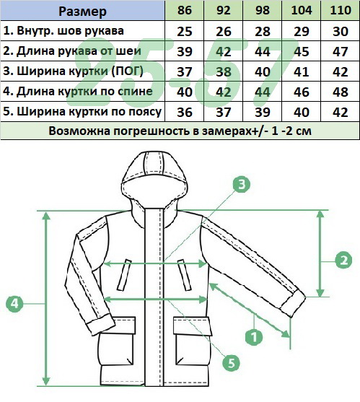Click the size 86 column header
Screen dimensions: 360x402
pyautogui.click(x=185, y=10)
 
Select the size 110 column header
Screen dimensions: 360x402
pyautogui.click(x=341, y=10)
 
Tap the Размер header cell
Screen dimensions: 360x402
pyautogui.click(x=82, y=12)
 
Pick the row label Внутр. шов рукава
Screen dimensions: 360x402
pyautogui.click(x=63, y=31)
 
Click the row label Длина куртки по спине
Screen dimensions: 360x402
pyautogui.click(x=78, y=92)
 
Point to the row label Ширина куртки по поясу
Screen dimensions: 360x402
pyautogui.click(x=82, y=112)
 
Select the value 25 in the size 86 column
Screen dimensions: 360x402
pyautogui.click(x=185, y=31)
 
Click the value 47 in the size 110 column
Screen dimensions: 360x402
pyautogui.click(x=341, y=51)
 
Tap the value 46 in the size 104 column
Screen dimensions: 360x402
pyautogui.click(x=302, y=92)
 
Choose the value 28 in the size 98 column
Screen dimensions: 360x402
pyautogui.click(x=263, y=31)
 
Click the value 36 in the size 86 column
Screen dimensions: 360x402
pyautogui.click(x=185, y=113)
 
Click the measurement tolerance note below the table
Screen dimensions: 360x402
pyautogui.click(x=180, y=131)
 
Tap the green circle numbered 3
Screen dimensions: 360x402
pyautogui.click(x=242, y=184)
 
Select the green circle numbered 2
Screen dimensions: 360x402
pyautogui.click(x=343, y=261)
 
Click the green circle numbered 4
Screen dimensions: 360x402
pyautogui.click(x=14, y=304)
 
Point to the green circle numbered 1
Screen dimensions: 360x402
pyautogui.click(x=254, y=336)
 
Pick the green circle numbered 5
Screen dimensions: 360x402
pyautogui.click(x=231, y=363)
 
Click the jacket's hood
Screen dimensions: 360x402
pyautogui.click(x=154, y=180)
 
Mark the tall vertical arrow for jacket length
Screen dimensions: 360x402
pyautogui.click(x=46, y=298)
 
